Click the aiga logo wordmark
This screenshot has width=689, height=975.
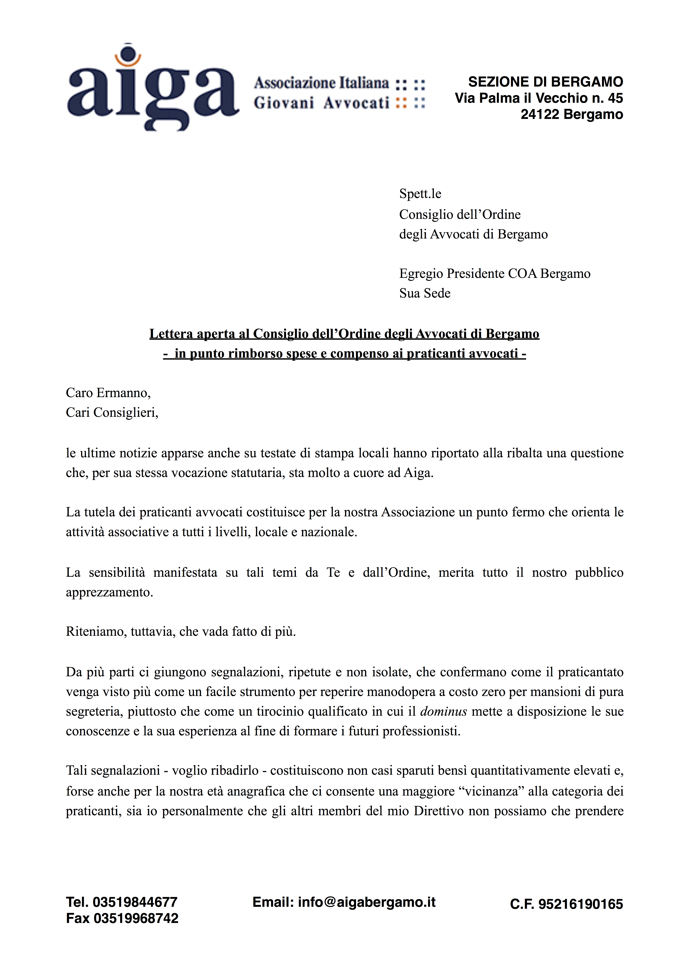click(x=153, y=91)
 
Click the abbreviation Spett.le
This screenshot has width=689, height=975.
click(x=420, y=194)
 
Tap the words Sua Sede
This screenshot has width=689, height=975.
click(x=425, y=293)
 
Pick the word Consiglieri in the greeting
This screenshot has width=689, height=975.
click(x=126, y=413)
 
